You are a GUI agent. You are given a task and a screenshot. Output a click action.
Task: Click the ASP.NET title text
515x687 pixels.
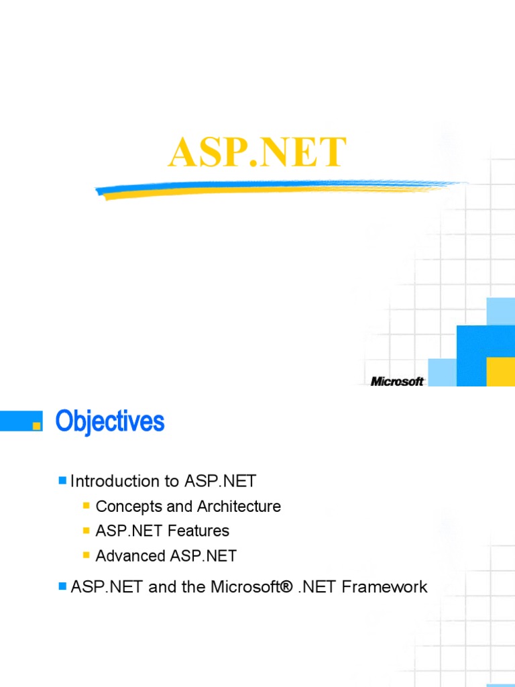tap(257, 153)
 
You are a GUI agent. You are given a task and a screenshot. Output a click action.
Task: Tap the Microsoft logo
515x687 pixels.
tap(397, 381)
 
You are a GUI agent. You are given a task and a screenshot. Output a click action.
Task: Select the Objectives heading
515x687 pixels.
tap(110, 422)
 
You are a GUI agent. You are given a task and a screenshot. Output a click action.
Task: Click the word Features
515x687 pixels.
tap(198, 531)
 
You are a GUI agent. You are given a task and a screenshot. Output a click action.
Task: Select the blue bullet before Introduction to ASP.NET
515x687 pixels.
tap(62, 480)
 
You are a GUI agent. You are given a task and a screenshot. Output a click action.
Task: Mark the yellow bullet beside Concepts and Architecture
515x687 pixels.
tap(87, 506)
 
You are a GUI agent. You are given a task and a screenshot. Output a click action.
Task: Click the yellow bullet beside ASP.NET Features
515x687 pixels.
tap(87, 531)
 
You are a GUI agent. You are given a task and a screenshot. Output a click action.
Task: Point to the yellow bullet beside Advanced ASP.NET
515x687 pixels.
tap(87, 556)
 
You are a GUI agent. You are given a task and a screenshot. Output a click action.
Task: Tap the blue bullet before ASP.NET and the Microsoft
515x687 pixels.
tap(62, 586)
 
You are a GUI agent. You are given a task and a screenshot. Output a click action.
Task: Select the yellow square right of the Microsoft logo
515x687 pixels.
tap(500, 372)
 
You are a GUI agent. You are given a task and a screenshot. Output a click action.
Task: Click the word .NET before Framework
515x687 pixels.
tap(318, 587)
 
